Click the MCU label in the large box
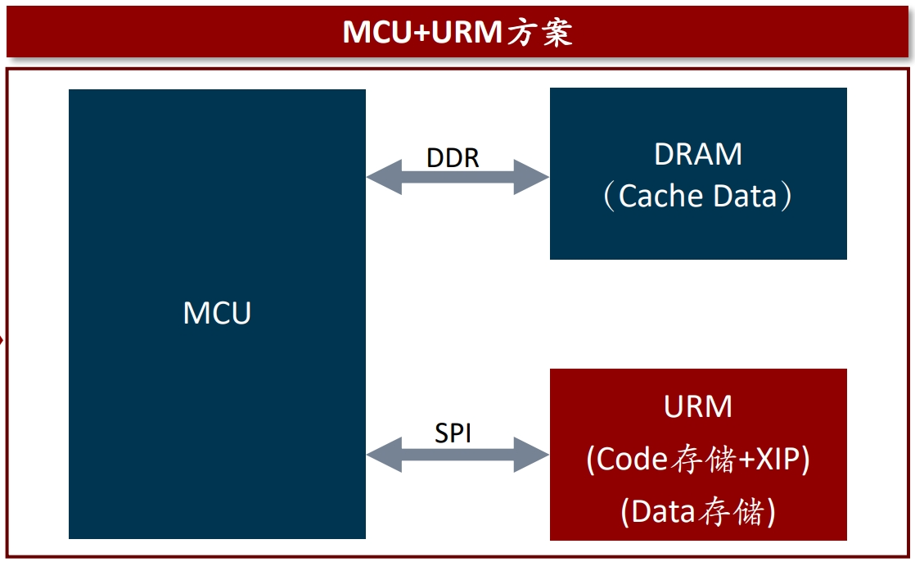coord(217,313)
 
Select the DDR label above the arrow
coord(453,157)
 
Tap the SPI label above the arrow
coord(453,433)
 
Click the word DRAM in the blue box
coord(698,154)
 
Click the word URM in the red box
coord(698,407)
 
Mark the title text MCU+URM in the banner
coord(421,33)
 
